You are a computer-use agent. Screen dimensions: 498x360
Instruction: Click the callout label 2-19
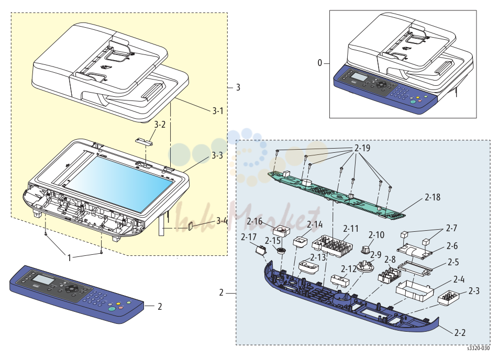pos(362,148)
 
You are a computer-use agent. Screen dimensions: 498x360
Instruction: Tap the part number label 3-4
pos(222,221)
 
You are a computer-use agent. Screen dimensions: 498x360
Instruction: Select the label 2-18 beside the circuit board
pos(433,197)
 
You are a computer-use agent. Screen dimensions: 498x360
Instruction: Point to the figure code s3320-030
pos(478,348)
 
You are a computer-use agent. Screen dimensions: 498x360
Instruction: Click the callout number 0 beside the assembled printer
pos(320,63)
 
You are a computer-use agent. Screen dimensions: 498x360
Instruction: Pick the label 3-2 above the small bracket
pos(160,125)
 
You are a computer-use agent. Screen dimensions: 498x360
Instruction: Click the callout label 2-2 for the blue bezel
pos(460,333)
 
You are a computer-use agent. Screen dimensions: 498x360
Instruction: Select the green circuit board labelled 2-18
pos(337,195)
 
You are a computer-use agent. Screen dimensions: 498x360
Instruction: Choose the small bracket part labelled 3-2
pos(144,141)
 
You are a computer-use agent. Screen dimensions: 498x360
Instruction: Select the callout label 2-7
pos(451,228)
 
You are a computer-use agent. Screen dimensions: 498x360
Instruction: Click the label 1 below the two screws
pos(69,258)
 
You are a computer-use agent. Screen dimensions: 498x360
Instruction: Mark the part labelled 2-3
pos(448,298)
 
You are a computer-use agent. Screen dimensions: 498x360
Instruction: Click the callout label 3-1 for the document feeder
pos(218,111)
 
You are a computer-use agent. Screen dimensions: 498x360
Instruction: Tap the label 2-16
pos(254,221)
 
